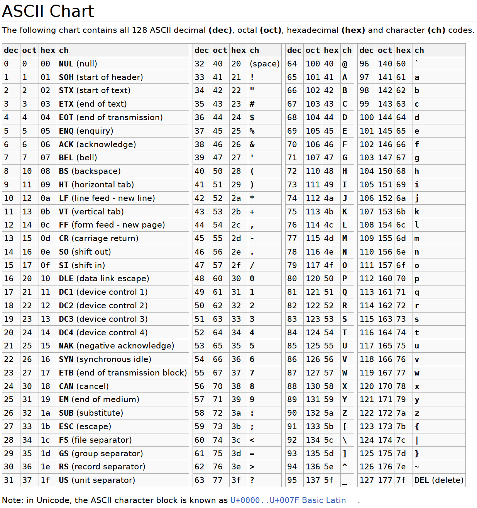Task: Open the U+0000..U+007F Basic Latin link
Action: pos(288,500)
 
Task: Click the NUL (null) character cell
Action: pos(78,64)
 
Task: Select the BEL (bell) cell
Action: pos(78,158)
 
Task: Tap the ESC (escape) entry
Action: pos(85,426)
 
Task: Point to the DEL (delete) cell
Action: pos(438,480)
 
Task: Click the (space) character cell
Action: pos(264,64)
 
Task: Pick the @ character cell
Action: pos(345,64)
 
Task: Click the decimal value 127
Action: pos(366,480)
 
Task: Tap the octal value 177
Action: pos(385,480)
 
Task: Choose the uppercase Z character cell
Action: pos(345,413)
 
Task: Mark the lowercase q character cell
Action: pos(417,292)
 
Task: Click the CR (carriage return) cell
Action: pos(98,238)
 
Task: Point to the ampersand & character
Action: pos(252,144)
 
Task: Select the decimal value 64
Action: pos(292,64)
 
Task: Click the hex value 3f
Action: pos(236,480)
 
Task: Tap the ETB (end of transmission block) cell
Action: pos(123,373)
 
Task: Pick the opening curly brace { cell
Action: pos(417,426)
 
